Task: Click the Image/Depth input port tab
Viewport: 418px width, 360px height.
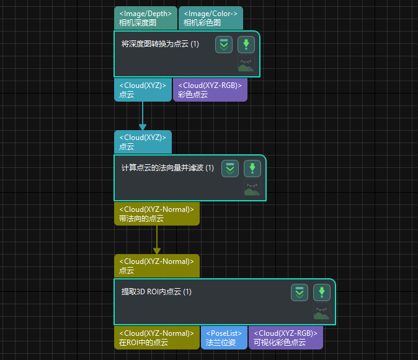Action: pos(145,18)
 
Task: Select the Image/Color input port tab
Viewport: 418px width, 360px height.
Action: pos(210,18)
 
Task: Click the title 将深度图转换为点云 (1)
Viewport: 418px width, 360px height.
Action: pos(160,44)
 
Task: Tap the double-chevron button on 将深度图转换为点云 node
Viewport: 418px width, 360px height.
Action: pos(224,45)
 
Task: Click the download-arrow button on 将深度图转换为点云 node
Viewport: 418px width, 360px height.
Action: pos(246,45)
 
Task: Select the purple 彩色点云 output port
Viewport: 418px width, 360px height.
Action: pos(210,90)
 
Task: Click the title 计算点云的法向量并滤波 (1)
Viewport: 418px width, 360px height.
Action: pos(167,168)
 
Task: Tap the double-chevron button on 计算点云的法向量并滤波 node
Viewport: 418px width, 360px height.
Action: pos(230,169)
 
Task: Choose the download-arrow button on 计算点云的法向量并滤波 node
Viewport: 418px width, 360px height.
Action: pos(252,169)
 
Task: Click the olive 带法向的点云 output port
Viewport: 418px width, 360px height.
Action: pos(156,214)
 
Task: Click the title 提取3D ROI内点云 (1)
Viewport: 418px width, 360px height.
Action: pos(156,292)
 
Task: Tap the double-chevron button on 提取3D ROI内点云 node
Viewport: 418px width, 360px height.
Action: pos(300,292)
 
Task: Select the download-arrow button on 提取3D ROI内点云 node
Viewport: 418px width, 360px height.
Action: pos(321,292)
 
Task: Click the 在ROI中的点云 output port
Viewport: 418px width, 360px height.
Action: pos(156,337)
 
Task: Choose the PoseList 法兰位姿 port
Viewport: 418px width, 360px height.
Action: pos(223,337)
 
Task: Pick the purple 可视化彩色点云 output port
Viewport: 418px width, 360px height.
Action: pos(285,337)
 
